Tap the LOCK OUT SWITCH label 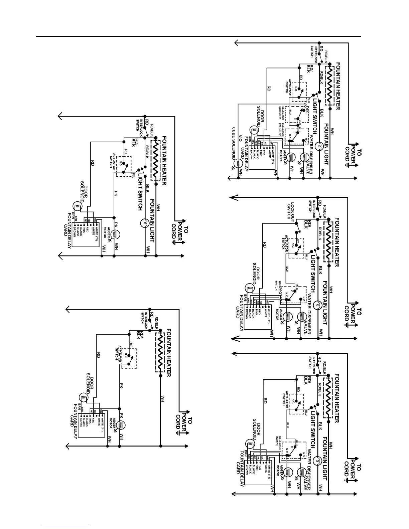coord(291,211)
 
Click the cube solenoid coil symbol coord(239,164)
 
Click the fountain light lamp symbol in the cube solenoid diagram coord(319,146)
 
